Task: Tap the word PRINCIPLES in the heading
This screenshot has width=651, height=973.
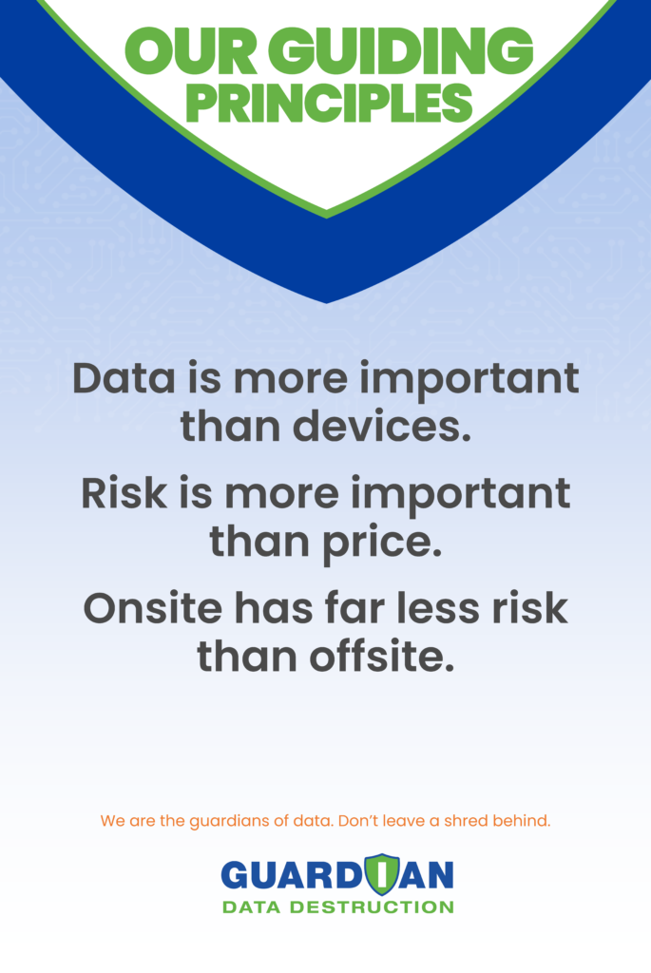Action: [x=329, y=103]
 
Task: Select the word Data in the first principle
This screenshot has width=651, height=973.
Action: [x=124, y=378]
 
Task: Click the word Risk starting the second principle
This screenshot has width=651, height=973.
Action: [x=124, y=493]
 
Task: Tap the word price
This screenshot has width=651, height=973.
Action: [x=382, y=543]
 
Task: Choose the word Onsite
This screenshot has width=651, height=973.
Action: [x=153, y=608]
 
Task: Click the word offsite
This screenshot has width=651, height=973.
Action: [x=382, y=657]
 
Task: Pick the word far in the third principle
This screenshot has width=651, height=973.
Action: [x=354, y=608]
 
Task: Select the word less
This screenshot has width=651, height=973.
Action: [x=438, y=608]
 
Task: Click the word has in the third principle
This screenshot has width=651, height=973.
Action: [x=274, y=608]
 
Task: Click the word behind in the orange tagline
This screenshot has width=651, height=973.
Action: [x=522, y=820]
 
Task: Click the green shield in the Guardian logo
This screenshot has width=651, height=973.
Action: [x=382, y=874]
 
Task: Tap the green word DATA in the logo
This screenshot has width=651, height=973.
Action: [x=252, y=907]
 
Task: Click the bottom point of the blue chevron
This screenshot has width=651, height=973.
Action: [x=327, y=303]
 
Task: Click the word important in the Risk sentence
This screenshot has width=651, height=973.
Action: [x=461, y=495]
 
